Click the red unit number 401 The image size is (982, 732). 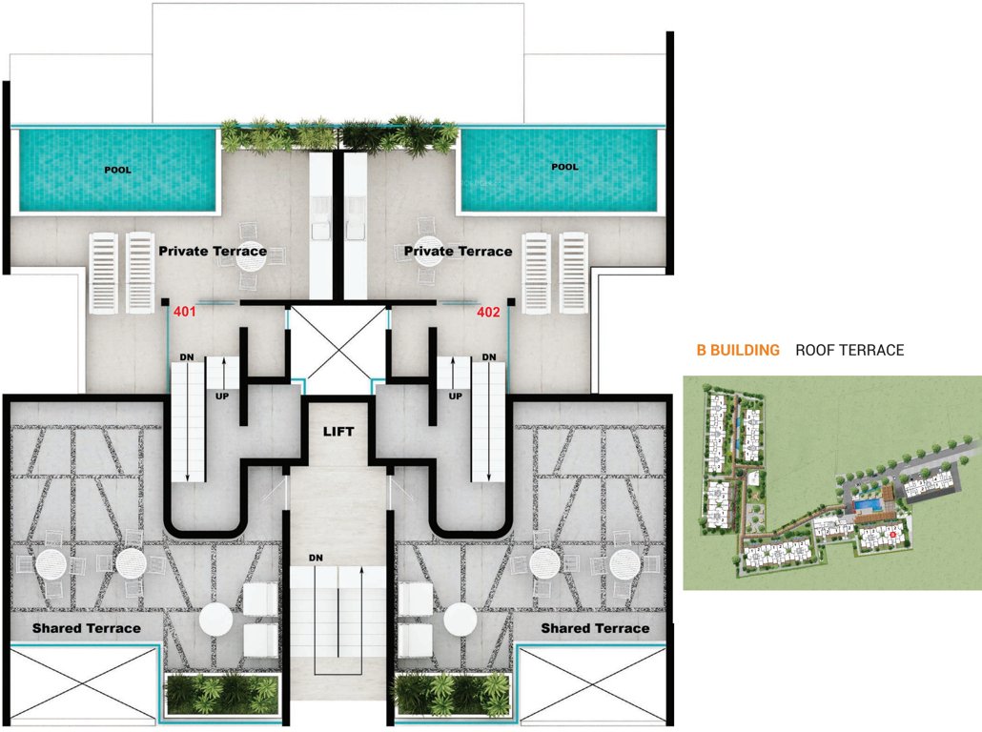click(185, 311)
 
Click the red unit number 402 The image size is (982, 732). click(488, 311)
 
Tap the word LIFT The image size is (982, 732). click(338, 432)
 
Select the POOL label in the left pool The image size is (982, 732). click(118, 170)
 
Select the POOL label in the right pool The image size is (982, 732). click(564, 167)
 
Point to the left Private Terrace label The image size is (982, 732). click(213, 252)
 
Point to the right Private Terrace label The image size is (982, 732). click(458, 252)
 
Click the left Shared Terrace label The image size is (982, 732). click(86, 628)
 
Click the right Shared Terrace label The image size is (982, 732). click(595, 628)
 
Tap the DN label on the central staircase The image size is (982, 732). click(317, 558)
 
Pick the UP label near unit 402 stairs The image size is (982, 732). click(456, 395)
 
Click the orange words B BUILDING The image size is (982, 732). click(737, 351)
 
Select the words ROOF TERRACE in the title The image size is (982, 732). click(849, 351)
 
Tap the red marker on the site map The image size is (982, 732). click(891, 536)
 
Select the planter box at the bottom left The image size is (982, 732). click(222, 694)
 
